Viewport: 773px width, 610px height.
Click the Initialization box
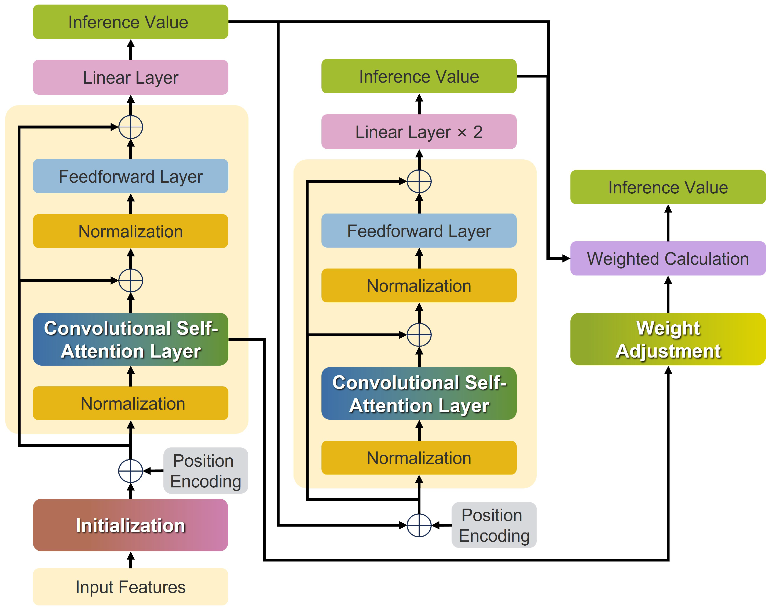pyautogui.click(x=130, y=525)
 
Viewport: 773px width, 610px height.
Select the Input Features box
pyautogui.click(x=130, y=587)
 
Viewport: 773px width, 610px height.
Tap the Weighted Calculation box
pyautogui.click(x=668, y=258)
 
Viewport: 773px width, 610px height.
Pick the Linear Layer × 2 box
pyautogui.click(x=419, y=132)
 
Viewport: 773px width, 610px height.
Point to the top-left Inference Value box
pyautogui.click(x=130, y=22)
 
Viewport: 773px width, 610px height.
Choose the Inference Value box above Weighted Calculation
pyautogui.click(x=668, y=187)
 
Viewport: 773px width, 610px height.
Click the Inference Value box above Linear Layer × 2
pyautogui.click(x=419, y=76)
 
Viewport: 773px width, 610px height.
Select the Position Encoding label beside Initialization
pyautogui.click(x=206, y=471)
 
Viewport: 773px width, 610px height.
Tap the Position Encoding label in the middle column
pyautogui.click(x=494, y=525)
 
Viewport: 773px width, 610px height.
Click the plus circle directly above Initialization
pyautogui.click(x=131, y=471)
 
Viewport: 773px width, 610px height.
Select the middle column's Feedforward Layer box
pyautogui.click(x=419, y=231)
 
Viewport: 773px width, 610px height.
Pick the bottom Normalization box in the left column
pyautogui.click(x=130, y=403)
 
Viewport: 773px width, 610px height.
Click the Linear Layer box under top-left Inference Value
pyautogui.click(x=130, y=78)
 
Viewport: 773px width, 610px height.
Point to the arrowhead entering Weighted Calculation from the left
pyautogui.click(x=566, y=258)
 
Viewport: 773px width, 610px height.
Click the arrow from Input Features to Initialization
pyautogui.click(x=131, y=560)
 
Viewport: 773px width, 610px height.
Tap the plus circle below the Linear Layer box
pyautogui.click(x=131, y=127)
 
